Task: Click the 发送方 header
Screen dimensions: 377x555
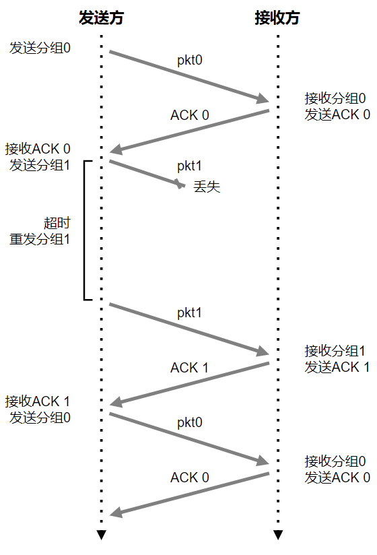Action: click(x=101, y=18)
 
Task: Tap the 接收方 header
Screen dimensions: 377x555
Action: click(x=277, y=18)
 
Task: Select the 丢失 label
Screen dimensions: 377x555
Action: click(x=207, y=187)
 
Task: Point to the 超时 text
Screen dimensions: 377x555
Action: click(x=57, y=223)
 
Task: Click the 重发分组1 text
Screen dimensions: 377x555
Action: click(x=40, y=239)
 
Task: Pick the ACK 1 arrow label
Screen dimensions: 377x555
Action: click(x=189, y=368)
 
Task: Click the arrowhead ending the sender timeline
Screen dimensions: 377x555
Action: click(x=102, y=535)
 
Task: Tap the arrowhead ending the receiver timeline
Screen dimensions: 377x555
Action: click(x=278, y=535)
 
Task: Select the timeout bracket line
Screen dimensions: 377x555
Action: click(x=84, y=230)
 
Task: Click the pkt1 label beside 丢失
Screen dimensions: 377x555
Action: click(x=189, y=166)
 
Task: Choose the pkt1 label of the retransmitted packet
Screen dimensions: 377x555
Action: click(x=189, y=313)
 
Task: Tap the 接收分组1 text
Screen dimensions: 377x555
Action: click(x=335, y=351)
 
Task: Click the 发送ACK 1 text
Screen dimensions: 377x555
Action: click(x=337, y=367)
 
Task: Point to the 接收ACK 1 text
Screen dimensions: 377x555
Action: click(x=38, y=401)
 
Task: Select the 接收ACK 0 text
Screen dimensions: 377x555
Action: click(x=38, y=149)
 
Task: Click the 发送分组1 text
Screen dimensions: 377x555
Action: click(x=40, y=165)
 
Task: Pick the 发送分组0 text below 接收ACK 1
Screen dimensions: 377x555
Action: click(x=40, y=418)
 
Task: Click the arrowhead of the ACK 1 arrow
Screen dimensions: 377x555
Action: click(x=116, y=403)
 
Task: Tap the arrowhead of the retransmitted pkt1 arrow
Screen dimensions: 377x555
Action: click(x=263, y=351)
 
